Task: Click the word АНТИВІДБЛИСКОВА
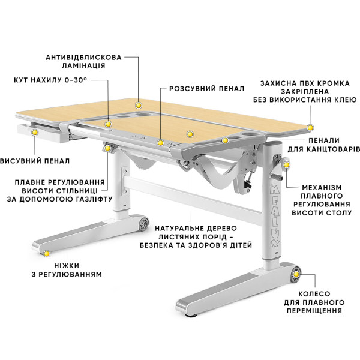83,57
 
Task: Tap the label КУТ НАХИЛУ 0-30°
50,80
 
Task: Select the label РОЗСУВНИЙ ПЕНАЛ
207,88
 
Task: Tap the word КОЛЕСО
314,293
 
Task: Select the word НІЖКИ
67,266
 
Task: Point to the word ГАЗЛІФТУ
93,199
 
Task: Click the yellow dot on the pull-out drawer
35,132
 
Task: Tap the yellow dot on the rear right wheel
296,274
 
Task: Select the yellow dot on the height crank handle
286,164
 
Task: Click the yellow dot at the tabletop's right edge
310,127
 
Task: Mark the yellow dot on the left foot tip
47,254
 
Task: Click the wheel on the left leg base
144,223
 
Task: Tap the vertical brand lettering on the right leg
275,216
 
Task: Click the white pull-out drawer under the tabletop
43,133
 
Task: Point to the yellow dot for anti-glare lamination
138,106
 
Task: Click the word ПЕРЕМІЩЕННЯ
314,311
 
